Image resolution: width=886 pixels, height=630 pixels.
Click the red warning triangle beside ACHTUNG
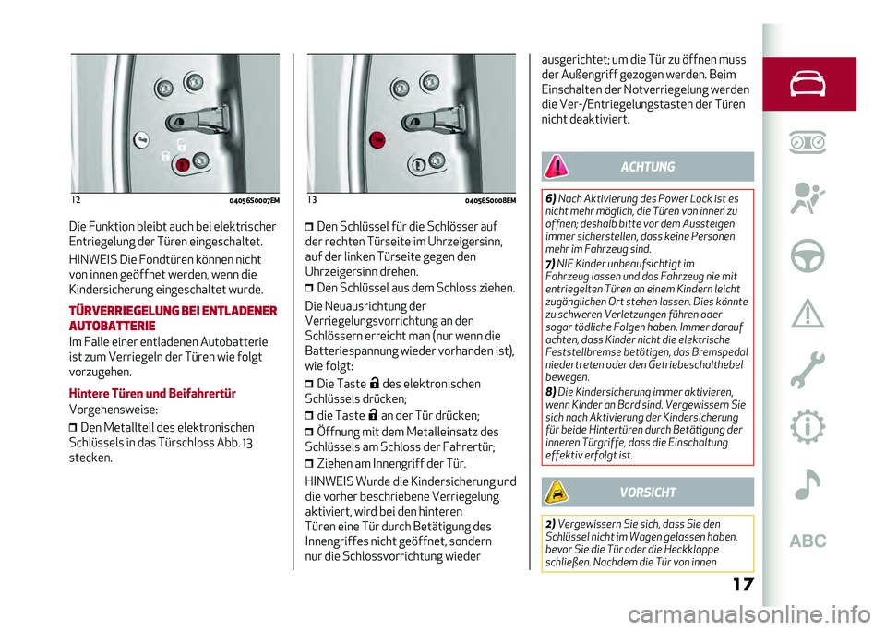coord(557,166)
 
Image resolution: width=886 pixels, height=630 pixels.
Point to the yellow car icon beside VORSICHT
coord(557,492)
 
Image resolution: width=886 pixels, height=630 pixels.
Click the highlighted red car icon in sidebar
coord(808,84)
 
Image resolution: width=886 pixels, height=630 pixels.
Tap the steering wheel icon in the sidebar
coord(808,257)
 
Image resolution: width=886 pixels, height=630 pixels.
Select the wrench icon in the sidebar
coord(808,369)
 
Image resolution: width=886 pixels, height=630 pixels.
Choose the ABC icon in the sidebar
coord(808,541)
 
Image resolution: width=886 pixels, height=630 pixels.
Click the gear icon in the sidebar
coord(808,426)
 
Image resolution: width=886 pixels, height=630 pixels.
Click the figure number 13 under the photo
coord(312,199)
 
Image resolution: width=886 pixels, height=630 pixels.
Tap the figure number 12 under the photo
coord(74,199)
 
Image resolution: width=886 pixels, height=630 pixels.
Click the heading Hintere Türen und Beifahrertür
coord(152,393)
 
